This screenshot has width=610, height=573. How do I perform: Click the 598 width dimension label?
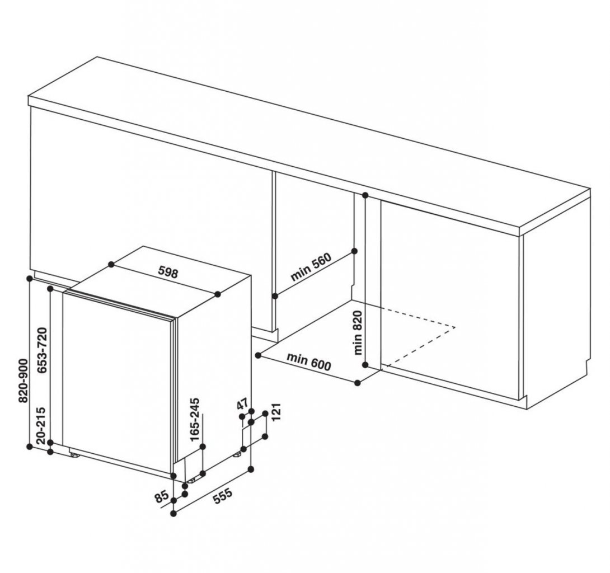167,273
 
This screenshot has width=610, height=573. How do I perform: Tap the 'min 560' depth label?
311,267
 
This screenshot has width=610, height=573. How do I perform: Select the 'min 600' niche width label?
309,361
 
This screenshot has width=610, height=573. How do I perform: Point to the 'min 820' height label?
359,333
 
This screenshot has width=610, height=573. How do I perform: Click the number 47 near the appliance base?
243,404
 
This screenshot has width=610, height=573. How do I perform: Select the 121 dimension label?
275,415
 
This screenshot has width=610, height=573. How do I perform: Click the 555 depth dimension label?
220,497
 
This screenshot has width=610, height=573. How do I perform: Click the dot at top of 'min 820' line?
365,195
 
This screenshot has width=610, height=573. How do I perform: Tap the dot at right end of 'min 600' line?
358,382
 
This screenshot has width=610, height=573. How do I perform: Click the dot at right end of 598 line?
218,293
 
